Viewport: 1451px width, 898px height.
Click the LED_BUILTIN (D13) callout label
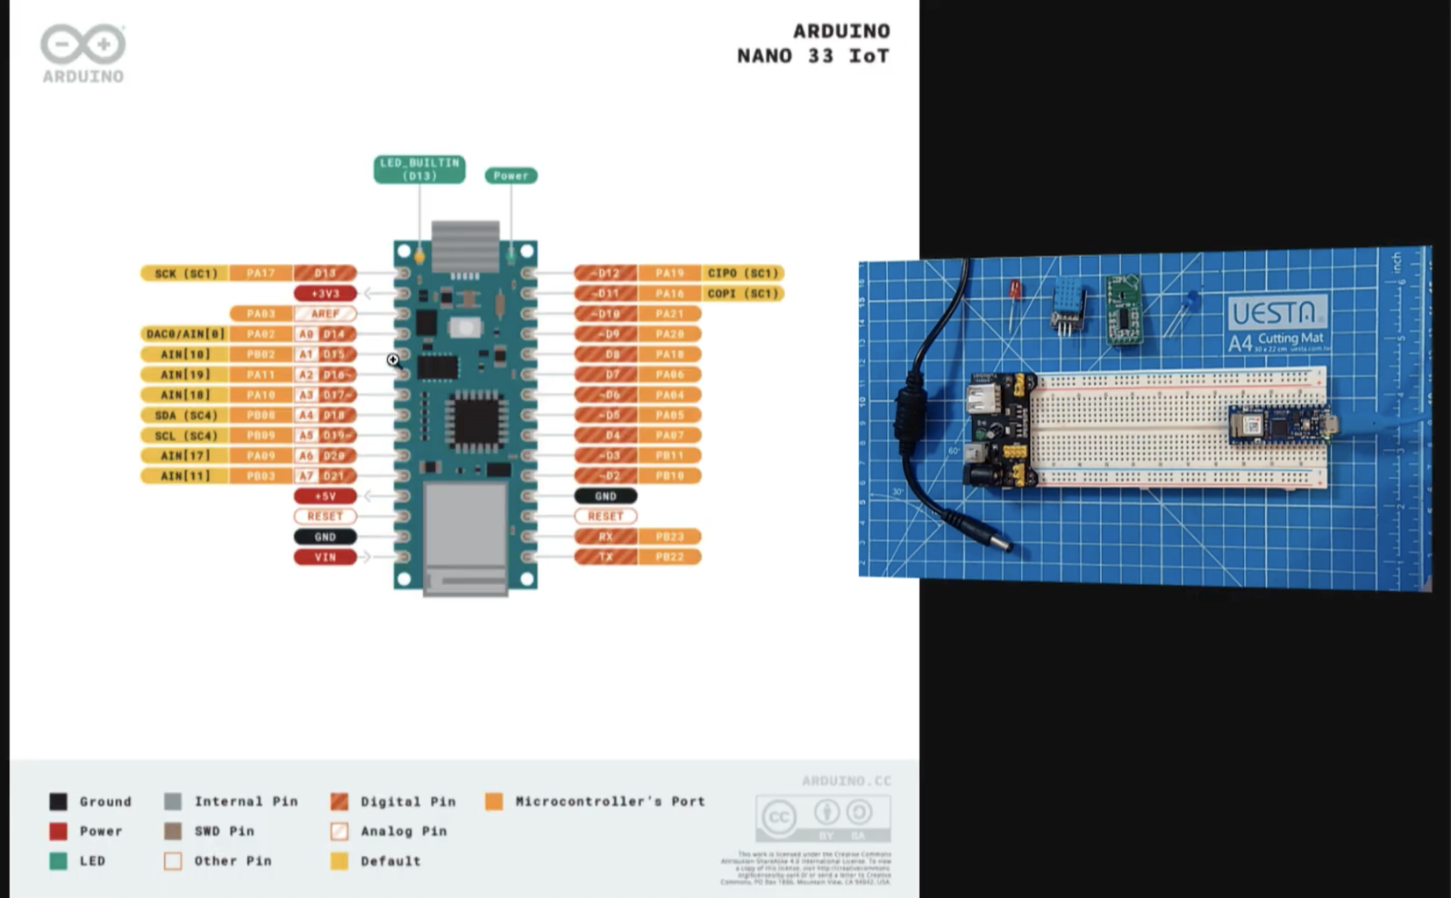(x=419, y=169)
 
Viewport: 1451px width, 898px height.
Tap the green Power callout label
(x=511, y=175)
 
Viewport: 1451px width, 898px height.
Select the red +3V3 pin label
(x=325, y=294)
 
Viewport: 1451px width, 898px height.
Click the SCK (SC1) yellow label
(x=185, y=274)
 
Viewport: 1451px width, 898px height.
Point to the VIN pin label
(x=325, y=557)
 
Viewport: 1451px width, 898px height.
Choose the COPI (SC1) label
(x=742, y=294)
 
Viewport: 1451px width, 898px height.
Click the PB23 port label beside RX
(x=669, y=536)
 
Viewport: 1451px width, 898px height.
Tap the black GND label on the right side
(x=605, y=495)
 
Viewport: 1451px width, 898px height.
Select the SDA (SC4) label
(x=185, y=415)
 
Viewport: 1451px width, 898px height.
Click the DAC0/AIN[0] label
(x=185, y=334)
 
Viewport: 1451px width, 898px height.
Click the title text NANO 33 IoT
(x=812, y=56)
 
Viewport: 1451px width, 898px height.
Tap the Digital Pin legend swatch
(x=340, y=802)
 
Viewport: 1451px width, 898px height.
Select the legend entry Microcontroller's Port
(x=609, y=802)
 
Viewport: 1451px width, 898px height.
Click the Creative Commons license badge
(x=822, y=817)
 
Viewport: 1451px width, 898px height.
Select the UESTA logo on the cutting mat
(x=1276, y=313)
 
